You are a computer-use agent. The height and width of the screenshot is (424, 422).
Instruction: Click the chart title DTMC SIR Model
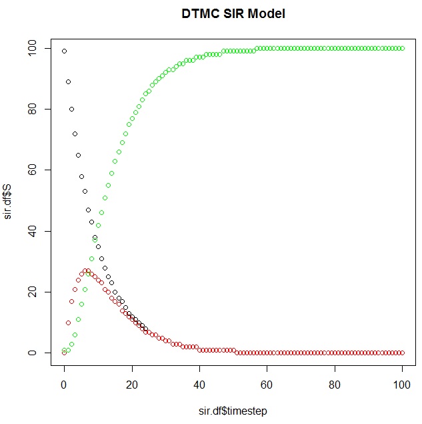click(233, 13)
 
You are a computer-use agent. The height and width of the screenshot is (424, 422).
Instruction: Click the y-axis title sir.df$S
click(9, 200)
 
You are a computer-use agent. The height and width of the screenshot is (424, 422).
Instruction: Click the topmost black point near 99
click(64, 51)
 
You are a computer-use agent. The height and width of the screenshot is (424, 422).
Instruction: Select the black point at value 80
click(71, 109)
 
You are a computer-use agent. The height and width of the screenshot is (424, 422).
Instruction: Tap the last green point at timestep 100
click(402, 48)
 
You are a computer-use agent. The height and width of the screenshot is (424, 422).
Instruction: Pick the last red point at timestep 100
click(402, 353)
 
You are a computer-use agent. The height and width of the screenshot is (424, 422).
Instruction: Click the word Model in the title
click(267, 13)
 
